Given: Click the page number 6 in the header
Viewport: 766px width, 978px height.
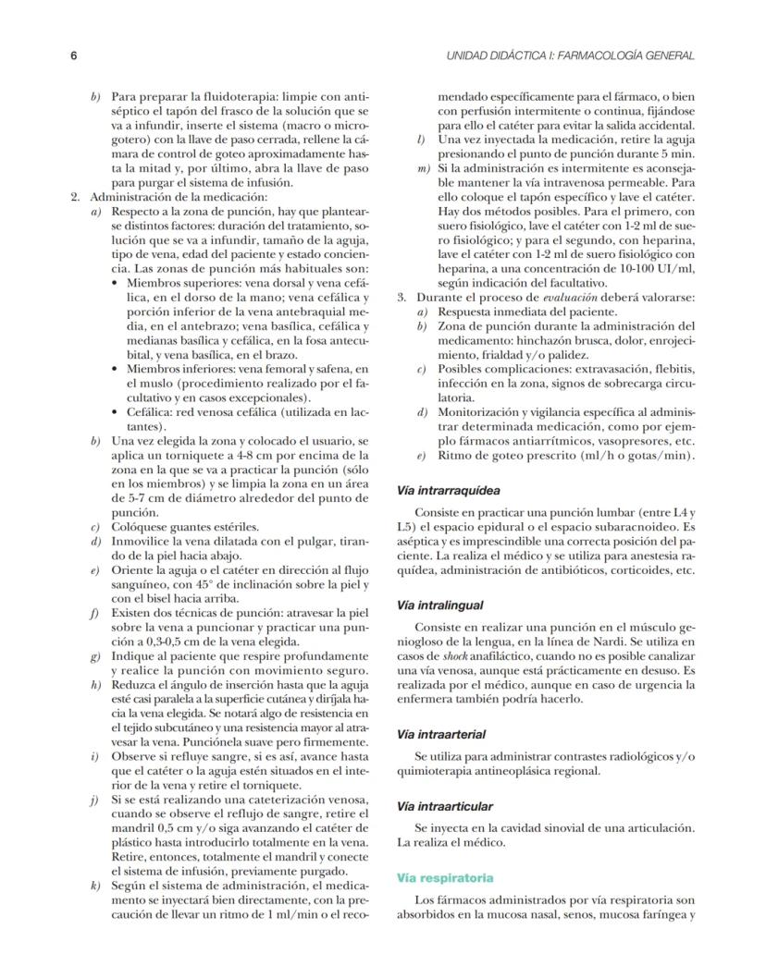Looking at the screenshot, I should (x=73, y=56).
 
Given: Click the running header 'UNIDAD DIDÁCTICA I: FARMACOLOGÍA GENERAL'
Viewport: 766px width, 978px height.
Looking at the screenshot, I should (x=570, y=56).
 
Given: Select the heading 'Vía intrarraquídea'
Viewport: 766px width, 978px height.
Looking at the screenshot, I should (x=449, y=491).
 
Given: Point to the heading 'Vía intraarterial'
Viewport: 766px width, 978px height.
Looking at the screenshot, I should (x=441, y=734).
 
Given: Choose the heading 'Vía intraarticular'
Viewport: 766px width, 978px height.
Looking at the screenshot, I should (x=444, y=806).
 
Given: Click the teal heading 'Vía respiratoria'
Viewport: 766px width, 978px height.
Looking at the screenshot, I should (x=444, y=876).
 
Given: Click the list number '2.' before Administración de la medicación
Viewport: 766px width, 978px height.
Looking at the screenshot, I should (x=77, y=198).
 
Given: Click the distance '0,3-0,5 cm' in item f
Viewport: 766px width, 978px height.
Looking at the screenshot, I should (x=160, y=642).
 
